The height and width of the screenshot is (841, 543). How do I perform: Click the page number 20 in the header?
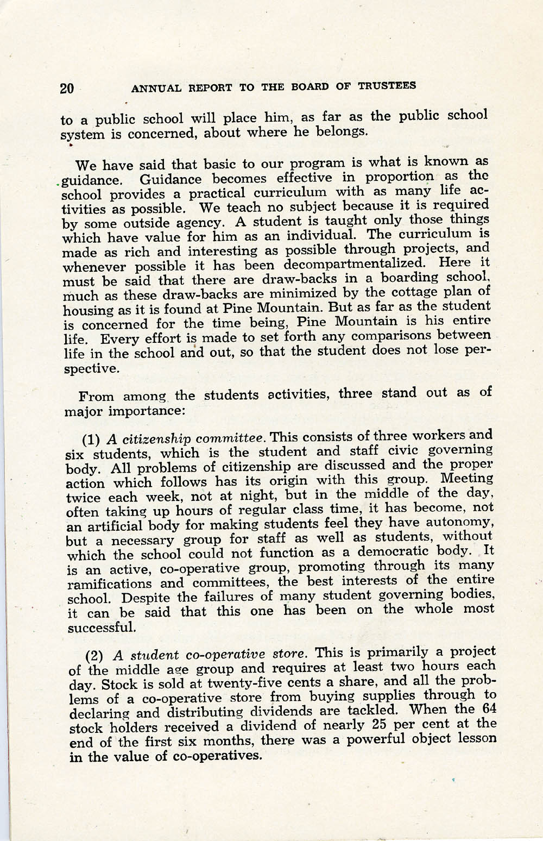[67, 88]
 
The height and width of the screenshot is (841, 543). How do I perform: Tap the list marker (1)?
[92, 440]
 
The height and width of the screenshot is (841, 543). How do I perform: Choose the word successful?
[101, 627]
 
